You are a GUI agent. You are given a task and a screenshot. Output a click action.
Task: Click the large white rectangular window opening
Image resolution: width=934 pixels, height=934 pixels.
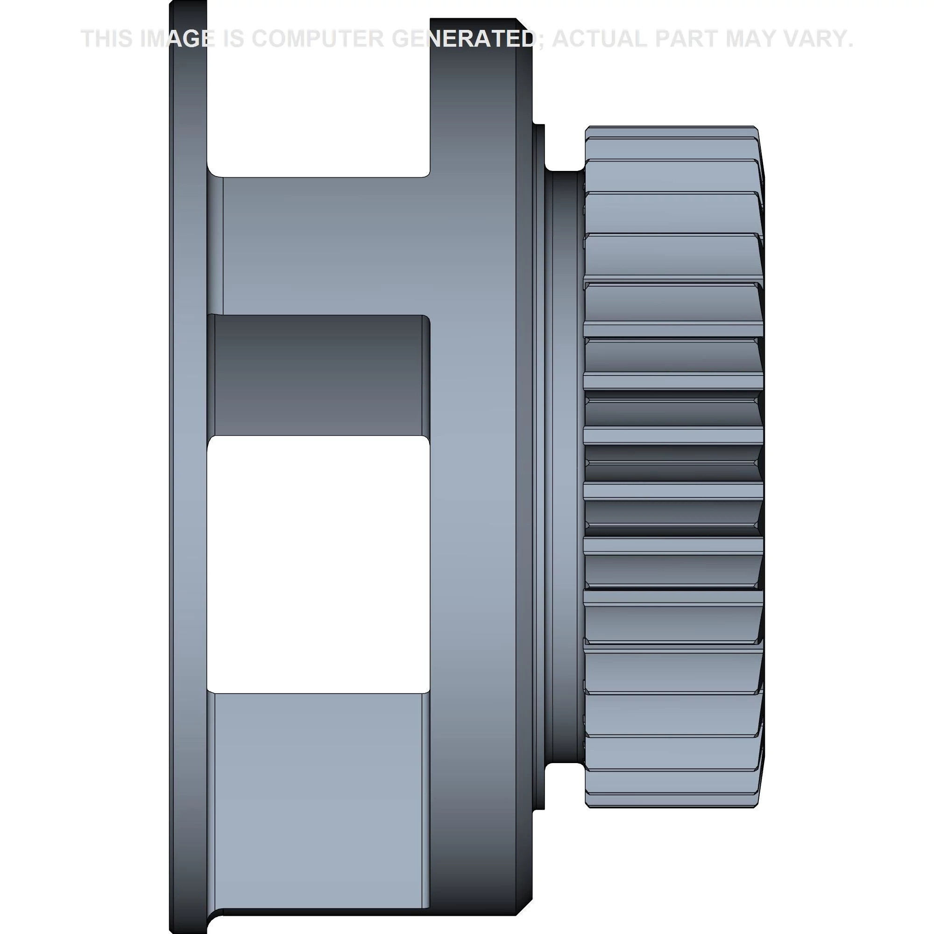coord(318,565)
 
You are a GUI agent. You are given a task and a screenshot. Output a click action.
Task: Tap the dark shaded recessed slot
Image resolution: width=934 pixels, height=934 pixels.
coord(318,375)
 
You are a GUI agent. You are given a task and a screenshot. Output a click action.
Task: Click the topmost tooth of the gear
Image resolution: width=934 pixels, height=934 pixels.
coord(671,132)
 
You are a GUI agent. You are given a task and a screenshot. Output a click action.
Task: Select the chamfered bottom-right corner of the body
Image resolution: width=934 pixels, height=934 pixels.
coord(524,907)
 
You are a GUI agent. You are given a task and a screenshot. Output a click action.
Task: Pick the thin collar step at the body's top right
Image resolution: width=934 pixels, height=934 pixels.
coord(538,145)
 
